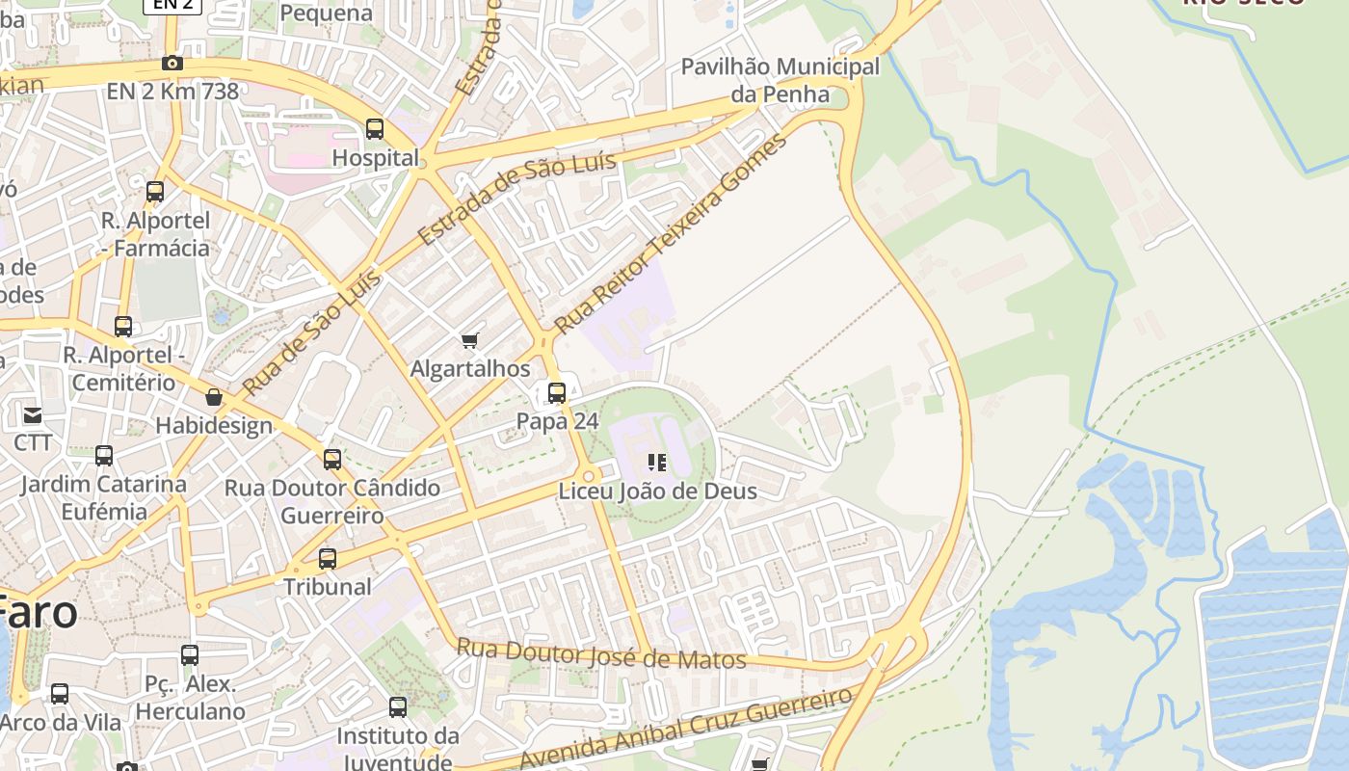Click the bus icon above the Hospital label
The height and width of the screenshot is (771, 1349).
(375, 129)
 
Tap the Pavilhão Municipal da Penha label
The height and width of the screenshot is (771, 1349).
(780, 80)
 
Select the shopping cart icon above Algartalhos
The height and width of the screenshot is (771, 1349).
(470, 340)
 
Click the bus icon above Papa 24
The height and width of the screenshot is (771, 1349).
(557, 393)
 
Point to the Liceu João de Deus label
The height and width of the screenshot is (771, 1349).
(658, 492)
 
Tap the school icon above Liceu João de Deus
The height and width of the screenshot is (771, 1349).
(657, 463)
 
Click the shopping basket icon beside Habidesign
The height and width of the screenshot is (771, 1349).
(214, 397)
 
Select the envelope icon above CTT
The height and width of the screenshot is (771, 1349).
(33, 415)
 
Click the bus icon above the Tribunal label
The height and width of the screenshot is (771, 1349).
(328, 559)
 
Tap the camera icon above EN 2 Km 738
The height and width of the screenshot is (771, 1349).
(172, 64)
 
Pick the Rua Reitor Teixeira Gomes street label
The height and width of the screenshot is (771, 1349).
(672, 232)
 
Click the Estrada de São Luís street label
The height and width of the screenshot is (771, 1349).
(517, 198)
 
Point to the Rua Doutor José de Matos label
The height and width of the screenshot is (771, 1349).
(601, 654)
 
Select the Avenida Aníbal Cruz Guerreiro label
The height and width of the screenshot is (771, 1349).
(686, 727)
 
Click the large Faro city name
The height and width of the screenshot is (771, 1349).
(39, 611)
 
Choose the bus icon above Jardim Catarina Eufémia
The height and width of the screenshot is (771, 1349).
(104, 456)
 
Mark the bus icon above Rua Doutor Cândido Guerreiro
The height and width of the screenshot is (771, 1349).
(332, 460)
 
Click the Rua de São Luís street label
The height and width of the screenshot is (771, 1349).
(310, 333)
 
